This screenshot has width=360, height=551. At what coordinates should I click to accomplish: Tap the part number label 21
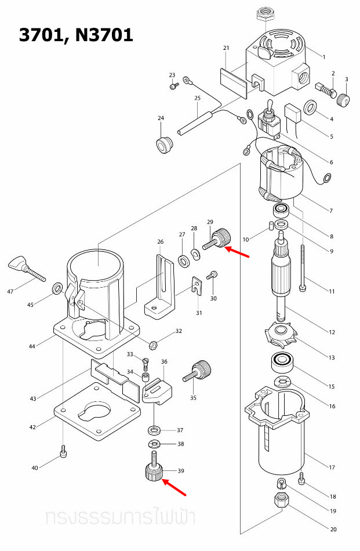coord(226,48)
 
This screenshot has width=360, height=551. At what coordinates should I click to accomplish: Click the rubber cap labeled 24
coord(165,143)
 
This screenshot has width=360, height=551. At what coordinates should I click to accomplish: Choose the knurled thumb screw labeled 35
coord(198,371)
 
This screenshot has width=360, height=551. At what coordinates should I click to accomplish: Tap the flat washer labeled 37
coord(155,431)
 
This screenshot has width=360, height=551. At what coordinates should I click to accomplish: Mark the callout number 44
coord(32,346)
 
